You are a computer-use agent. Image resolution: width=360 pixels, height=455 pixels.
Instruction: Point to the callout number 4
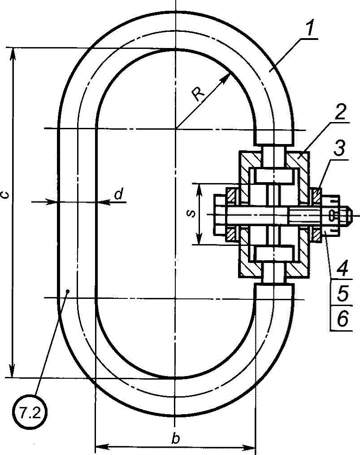(x=343, y=268)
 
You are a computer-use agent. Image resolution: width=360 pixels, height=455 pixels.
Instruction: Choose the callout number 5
(x=343, y=293)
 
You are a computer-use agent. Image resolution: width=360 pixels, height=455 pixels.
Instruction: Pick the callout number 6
(x=343, y=319)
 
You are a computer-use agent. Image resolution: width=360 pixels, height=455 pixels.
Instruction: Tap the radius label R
(x=199, y=94)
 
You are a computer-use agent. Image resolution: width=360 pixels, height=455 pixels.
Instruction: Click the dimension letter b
(x=175, y=438)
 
